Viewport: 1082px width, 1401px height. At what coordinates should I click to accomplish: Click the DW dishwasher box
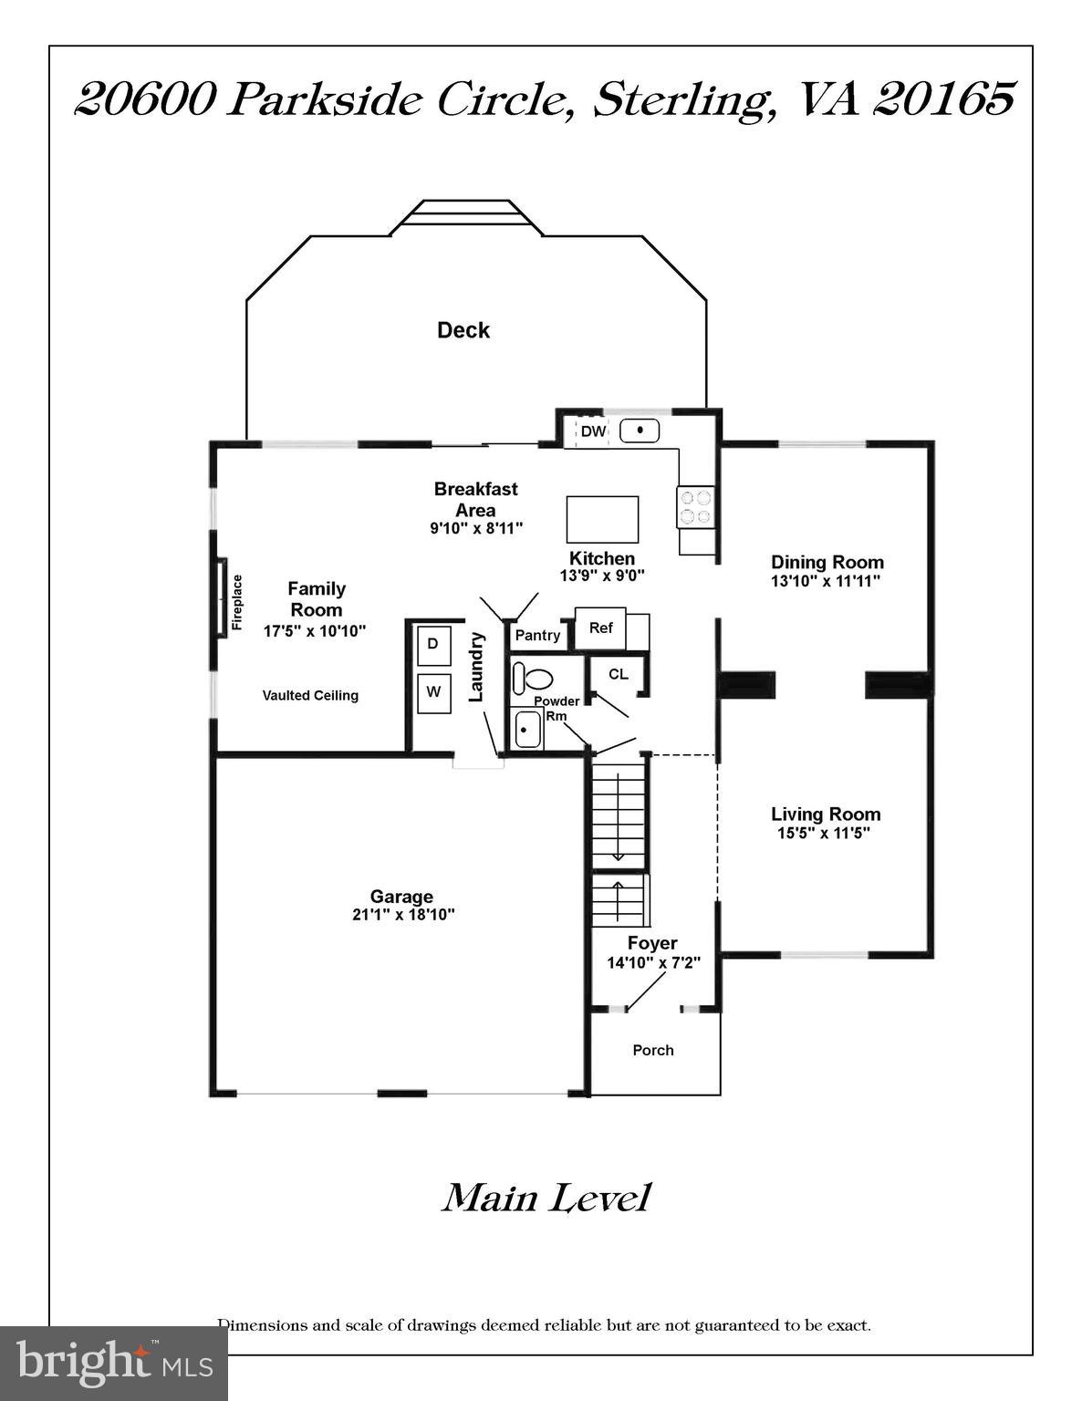[593, 431]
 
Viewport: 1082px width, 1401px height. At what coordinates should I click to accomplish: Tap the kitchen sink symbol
[640, 431]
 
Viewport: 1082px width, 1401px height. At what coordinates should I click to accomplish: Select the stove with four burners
[695, 507]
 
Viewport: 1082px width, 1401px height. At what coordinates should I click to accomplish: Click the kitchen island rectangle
[602, 519]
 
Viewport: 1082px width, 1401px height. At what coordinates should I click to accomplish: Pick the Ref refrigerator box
[601, 628]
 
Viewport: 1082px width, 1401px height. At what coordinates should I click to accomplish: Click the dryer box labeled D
[433, 645]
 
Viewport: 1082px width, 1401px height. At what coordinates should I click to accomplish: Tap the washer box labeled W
[433, 692]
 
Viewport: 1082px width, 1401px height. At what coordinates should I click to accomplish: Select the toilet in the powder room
[533, 679]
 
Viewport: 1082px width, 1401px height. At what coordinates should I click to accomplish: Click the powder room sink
[526, 730]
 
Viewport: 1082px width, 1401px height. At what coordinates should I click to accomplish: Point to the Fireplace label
[237, 602]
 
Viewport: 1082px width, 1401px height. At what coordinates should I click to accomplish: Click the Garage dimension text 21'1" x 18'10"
[402, 915]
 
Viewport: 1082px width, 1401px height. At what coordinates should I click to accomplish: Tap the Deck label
[463, 330]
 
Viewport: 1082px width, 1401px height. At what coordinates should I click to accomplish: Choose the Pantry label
[537, 635]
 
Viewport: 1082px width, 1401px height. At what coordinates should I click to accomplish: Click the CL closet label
[618, 674]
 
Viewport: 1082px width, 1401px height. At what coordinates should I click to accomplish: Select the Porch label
[653, 1051]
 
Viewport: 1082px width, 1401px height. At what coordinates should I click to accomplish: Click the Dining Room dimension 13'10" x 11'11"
[827, 581]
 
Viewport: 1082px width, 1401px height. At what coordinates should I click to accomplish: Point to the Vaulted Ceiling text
[310, 696]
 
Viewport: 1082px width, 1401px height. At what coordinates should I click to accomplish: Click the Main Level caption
[546, 1198]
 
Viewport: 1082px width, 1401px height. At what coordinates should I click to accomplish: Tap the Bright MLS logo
[114, 1363]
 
